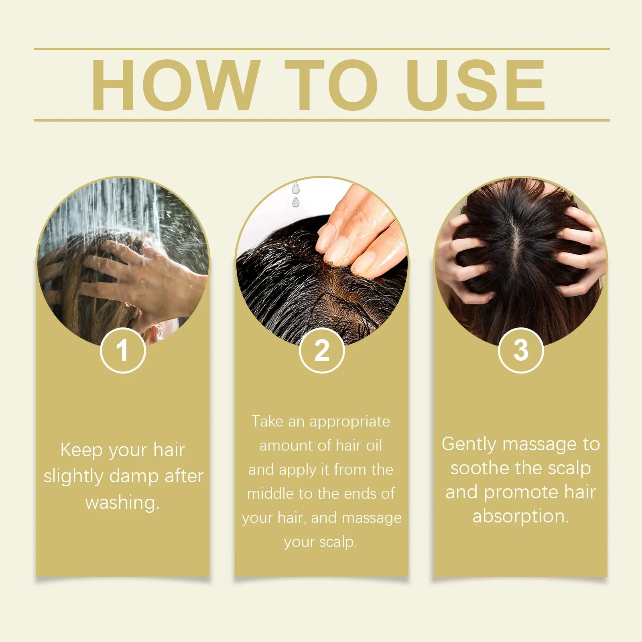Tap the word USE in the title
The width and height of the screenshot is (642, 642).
coord(476,85)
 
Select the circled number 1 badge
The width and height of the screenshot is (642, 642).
coord(123,350)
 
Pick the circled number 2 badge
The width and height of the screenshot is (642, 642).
coord(322,350)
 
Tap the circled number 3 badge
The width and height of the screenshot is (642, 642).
coord(521,350)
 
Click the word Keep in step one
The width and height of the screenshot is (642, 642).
coord(81,450)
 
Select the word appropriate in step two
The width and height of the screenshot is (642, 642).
coord(349,422)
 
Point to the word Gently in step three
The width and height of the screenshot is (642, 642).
coord(469,444)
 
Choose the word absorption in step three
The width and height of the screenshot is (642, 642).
coord(520,516)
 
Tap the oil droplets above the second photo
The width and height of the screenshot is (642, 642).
coord(296,195)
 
